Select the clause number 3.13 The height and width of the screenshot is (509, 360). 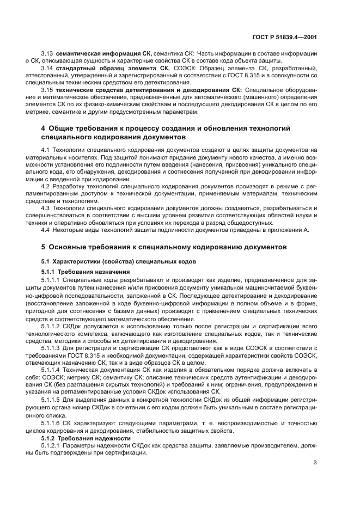(x=47, y=54)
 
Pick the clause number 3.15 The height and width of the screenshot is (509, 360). (x=47, y=89)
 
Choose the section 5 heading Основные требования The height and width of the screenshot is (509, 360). (x=167, y=248)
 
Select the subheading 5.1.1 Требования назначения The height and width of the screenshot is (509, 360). (x=86, y=271)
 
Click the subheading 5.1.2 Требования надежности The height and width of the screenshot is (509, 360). (x=86, y=438)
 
